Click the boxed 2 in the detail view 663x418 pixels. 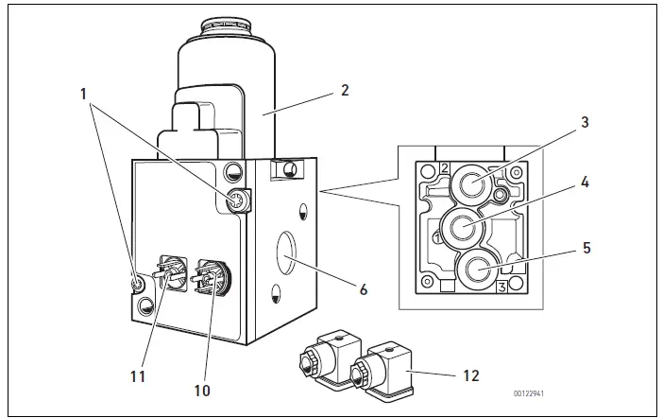tap(442, 168)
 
